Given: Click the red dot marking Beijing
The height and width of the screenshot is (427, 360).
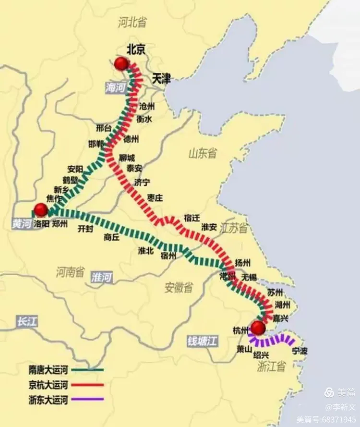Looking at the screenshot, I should [121, 63].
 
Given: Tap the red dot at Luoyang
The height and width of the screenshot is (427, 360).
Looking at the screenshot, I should [41, 209].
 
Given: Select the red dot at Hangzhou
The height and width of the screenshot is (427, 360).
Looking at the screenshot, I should [258, 328].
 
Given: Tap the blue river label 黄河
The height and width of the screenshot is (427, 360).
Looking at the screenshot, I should [21, 224].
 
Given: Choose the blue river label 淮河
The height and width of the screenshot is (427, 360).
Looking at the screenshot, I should [101, 277].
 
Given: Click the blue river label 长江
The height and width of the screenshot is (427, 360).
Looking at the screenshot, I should [26, 322].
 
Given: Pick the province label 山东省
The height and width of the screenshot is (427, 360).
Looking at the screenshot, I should [202, 153].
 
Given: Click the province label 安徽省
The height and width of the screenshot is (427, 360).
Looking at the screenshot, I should [179, 287].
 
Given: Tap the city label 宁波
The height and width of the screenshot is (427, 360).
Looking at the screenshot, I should [300, 351].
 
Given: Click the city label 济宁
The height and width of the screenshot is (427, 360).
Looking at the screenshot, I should [142, 182].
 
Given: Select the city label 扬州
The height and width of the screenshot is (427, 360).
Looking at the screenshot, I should [242, 263].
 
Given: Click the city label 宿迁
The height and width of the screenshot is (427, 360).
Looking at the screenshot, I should [192, 218].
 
